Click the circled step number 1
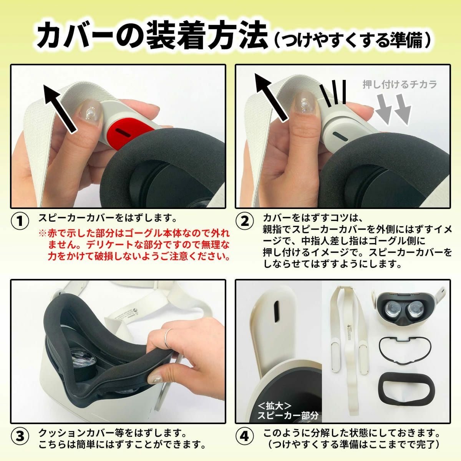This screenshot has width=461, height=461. (20, 221)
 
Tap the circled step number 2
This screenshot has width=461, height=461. (244, 221)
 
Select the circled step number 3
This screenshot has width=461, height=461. (20, 436)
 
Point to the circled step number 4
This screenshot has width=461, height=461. (244, 436)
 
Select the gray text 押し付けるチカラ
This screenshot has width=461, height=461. (400, 85)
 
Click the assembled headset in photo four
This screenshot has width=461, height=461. (407, 307)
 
